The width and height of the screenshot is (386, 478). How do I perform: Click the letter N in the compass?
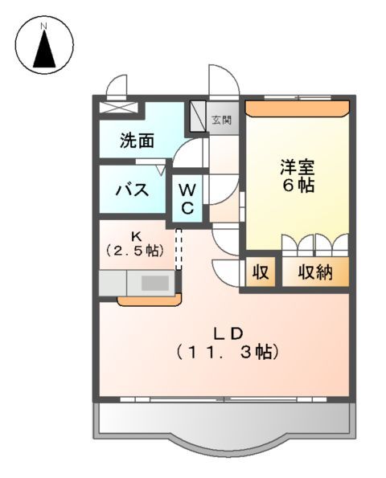[45, 27]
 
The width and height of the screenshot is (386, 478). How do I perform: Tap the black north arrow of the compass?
[45, 51]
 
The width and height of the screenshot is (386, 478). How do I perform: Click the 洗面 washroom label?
[137, 141]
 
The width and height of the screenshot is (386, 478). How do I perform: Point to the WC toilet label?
[187, 198]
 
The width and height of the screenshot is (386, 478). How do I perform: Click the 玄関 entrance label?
[221, 121]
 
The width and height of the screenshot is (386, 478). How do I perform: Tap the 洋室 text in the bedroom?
[297, 168]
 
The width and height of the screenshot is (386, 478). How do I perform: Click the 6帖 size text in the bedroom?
[297, 186]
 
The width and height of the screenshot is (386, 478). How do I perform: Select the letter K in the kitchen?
[137, 236]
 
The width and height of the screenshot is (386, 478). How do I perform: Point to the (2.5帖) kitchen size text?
[137, 251]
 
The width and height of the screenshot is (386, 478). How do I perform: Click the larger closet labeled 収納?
[315, 272]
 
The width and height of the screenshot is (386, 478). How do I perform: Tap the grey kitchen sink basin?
[155, 283]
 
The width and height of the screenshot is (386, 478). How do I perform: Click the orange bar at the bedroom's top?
[297, 106]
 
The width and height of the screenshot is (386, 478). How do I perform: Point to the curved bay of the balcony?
[224, 446]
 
